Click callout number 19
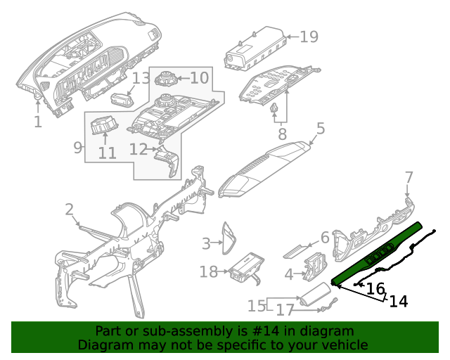tap(309, 36)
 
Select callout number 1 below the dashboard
tap(37, 122)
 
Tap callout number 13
tap(141, 78)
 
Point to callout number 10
tap(199, 77)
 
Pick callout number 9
tap(78, 148)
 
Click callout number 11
tap(107, 153)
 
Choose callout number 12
tap(138, 149)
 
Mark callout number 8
tap(282, 133)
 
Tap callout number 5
tap(320, 129)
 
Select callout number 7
tap(409, 176)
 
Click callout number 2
tap(70, 209)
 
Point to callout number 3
tap(206, 243)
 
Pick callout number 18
tap(209, 271)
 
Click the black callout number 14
tap(398, 301)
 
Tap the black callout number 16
tap(376, 288)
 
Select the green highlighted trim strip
tap(380, 253)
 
